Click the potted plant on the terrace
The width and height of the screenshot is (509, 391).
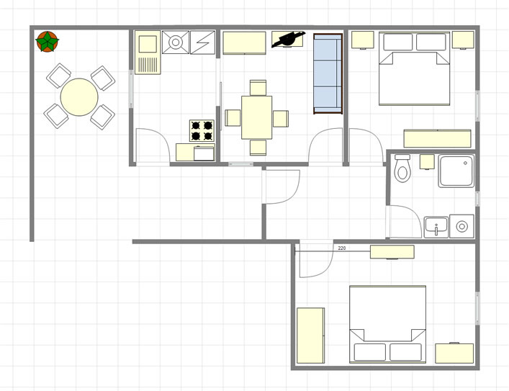[x=47, y=42]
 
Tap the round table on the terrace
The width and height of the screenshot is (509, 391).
[x=79, y=96]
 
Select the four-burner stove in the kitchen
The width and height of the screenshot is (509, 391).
[x=202, y=130]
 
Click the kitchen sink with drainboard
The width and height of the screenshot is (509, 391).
[x=148, y=53]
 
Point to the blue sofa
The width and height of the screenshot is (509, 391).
[x=328, y=73]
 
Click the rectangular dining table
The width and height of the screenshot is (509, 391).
[x=256, y=117]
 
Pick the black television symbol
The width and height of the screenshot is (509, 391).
[x=288, y=40]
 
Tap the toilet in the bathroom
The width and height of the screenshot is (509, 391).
[x=402, y=168]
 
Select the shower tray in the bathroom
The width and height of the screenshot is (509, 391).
[x=456, y=171]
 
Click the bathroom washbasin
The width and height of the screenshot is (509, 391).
[x=436, y=227]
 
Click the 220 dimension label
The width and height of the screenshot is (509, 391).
[x=342, y=248]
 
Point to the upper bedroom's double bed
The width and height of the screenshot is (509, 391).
[x=414, y=68]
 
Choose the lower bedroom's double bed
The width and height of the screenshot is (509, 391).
[x=387, y=325]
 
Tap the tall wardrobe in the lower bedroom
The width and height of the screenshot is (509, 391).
[x=311, y=336]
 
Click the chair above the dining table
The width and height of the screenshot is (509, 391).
[x=258, y=88]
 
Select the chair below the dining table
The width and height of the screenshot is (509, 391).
[x=258, y=148]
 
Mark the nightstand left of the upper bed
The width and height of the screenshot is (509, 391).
[x=363, y=40]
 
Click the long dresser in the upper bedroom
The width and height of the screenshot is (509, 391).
[x=437, y=139]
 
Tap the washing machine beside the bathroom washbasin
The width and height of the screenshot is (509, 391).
[x=462, y=226]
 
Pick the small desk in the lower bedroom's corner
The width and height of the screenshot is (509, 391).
[x=454, y=353]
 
